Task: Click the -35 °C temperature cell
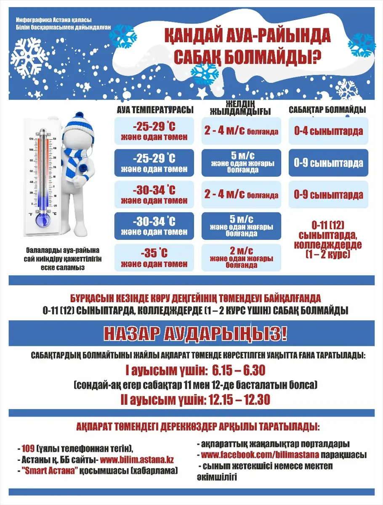(154, 258)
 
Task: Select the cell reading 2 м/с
(241, 258)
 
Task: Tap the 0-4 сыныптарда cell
(328, 131)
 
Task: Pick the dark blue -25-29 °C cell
(154, 163)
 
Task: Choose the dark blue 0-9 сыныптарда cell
(328, 163)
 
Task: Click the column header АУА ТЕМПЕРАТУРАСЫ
(155, 110)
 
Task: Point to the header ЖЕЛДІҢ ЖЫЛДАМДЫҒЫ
(240, 108)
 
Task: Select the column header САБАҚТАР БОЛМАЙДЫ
(327, 110)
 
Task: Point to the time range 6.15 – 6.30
(239, 371)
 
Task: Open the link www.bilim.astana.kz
(137, 460)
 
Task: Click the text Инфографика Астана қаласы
(53, 20)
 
